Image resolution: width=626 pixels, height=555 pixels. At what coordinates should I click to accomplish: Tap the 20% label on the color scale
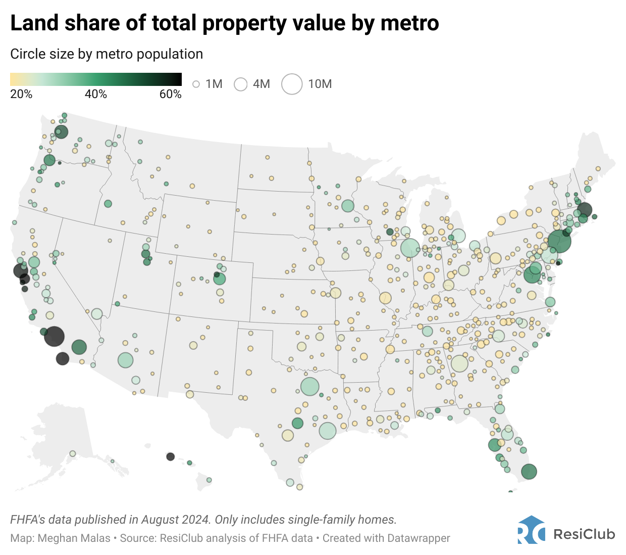click(21, 95)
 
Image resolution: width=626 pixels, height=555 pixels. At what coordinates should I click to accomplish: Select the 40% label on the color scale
click(96, 95)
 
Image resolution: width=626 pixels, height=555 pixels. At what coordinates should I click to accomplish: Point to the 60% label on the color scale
click(170, 95)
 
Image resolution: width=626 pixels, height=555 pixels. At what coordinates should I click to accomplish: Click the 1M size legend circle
click(196, 84)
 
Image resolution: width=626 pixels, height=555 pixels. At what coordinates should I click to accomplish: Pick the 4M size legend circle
click(241, 84)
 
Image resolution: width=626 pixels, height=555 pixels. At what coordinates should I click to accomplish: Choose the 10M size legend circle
click(292, 84)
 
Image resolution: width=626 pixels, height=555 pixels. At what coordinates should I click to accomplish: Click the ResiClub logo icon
click(531, 530)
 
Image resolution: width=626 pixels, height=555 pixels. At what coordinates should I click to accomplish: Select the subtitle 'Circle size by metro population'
click(107, 54)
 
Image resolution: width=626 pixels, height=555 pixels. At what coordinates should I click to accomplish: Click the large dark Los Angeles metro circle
click(54, 336)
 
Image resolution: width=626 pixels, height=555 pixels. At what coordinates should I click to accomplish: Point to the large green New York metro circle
click(559, 241)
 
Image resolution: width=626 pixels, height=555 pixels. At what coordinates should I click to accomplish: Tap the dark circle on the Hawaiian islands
click(170, 456)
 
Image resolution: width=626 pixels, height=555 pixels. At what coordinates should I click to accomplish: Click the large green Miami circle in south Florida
click(529, 472)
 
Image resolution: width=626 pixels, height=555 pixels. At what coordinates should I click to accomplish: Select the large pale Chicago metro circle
click(410, 248)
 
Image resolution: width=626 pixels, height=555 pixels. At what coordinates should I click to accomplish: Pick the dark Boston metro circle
click(584, 209)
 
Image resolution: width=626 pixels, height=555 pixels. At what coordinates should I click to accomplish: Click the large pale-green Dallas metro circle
click(310, 387)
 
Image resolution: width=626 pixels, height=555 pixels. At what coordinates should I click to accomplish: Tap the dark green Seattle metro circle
click(61, 132)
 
